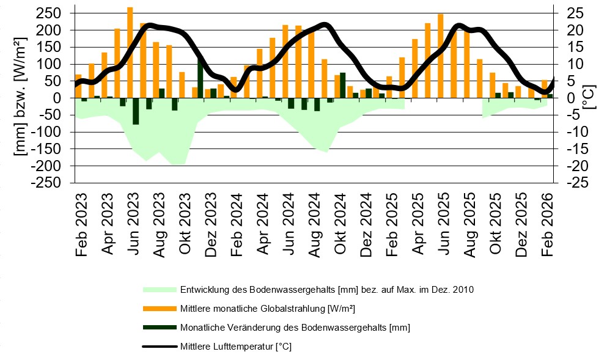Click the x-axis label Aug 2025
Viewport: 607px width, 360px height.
coord(469,226)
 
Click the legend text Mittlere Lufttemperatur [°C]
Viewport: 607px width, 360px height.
coord(235,347)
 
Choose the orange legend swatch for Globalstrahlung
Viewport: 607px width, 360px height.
coord(160,308)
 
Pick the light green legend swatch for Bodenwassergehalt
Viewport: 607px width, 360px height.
coord(160,289)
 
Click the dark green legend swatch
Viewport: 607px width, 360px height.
coord(160,328)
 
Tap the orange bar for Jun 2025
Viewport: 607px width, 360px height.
coord(440,56)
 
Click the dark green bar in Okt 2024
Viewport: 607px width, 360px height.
coord(343,85)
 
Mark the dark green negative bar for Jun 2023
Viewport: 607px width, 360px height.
coord(136,111)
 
